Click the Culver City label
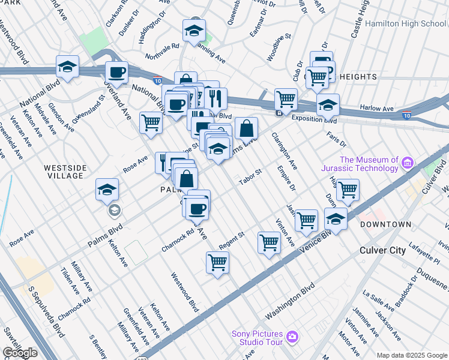pos(382,250)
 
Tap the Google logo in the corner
pos(20,353)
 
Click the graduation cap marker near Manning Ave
pos(194,31)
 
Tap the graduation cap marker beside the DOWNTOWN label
pos(336,219)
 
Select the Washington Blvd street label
pos(291,301)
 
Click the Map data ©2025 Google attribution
pos(412,355)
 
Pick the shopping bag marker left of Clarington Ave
pos(246,128)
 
